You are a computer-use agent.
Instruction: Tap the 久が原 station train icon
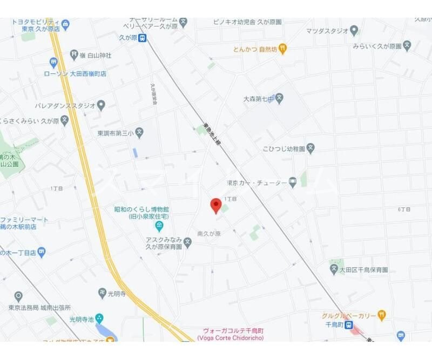142,38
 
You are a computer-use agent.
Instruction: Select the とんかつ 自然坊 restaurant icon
282,49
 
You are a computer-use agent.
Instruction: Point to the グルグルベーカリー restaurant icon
382,314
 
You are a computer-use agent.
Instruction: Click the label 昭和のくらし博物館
141,209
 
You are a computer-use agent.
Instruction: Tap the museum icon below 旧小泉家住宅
158,225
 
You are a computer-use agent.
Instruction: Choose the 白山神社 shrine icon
75,55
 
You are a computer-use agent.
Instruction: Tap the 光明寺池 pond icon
99,319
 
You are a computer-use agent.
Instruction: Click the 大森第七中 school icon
279,99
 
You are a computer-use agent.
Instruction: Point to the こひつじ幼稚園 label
284,148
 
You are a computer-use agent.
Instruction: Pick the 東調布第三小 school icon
139,132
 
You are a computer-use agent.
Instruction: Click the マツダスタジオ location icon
354,30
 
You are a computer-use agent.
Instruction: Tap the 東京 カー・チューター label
256,182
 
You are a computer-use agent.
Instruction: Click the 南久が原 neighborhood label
209,234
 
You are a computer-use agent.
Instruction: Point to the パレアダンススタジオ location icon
101,105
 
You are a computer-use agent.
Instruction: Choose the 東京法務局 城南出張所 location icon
18,296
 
